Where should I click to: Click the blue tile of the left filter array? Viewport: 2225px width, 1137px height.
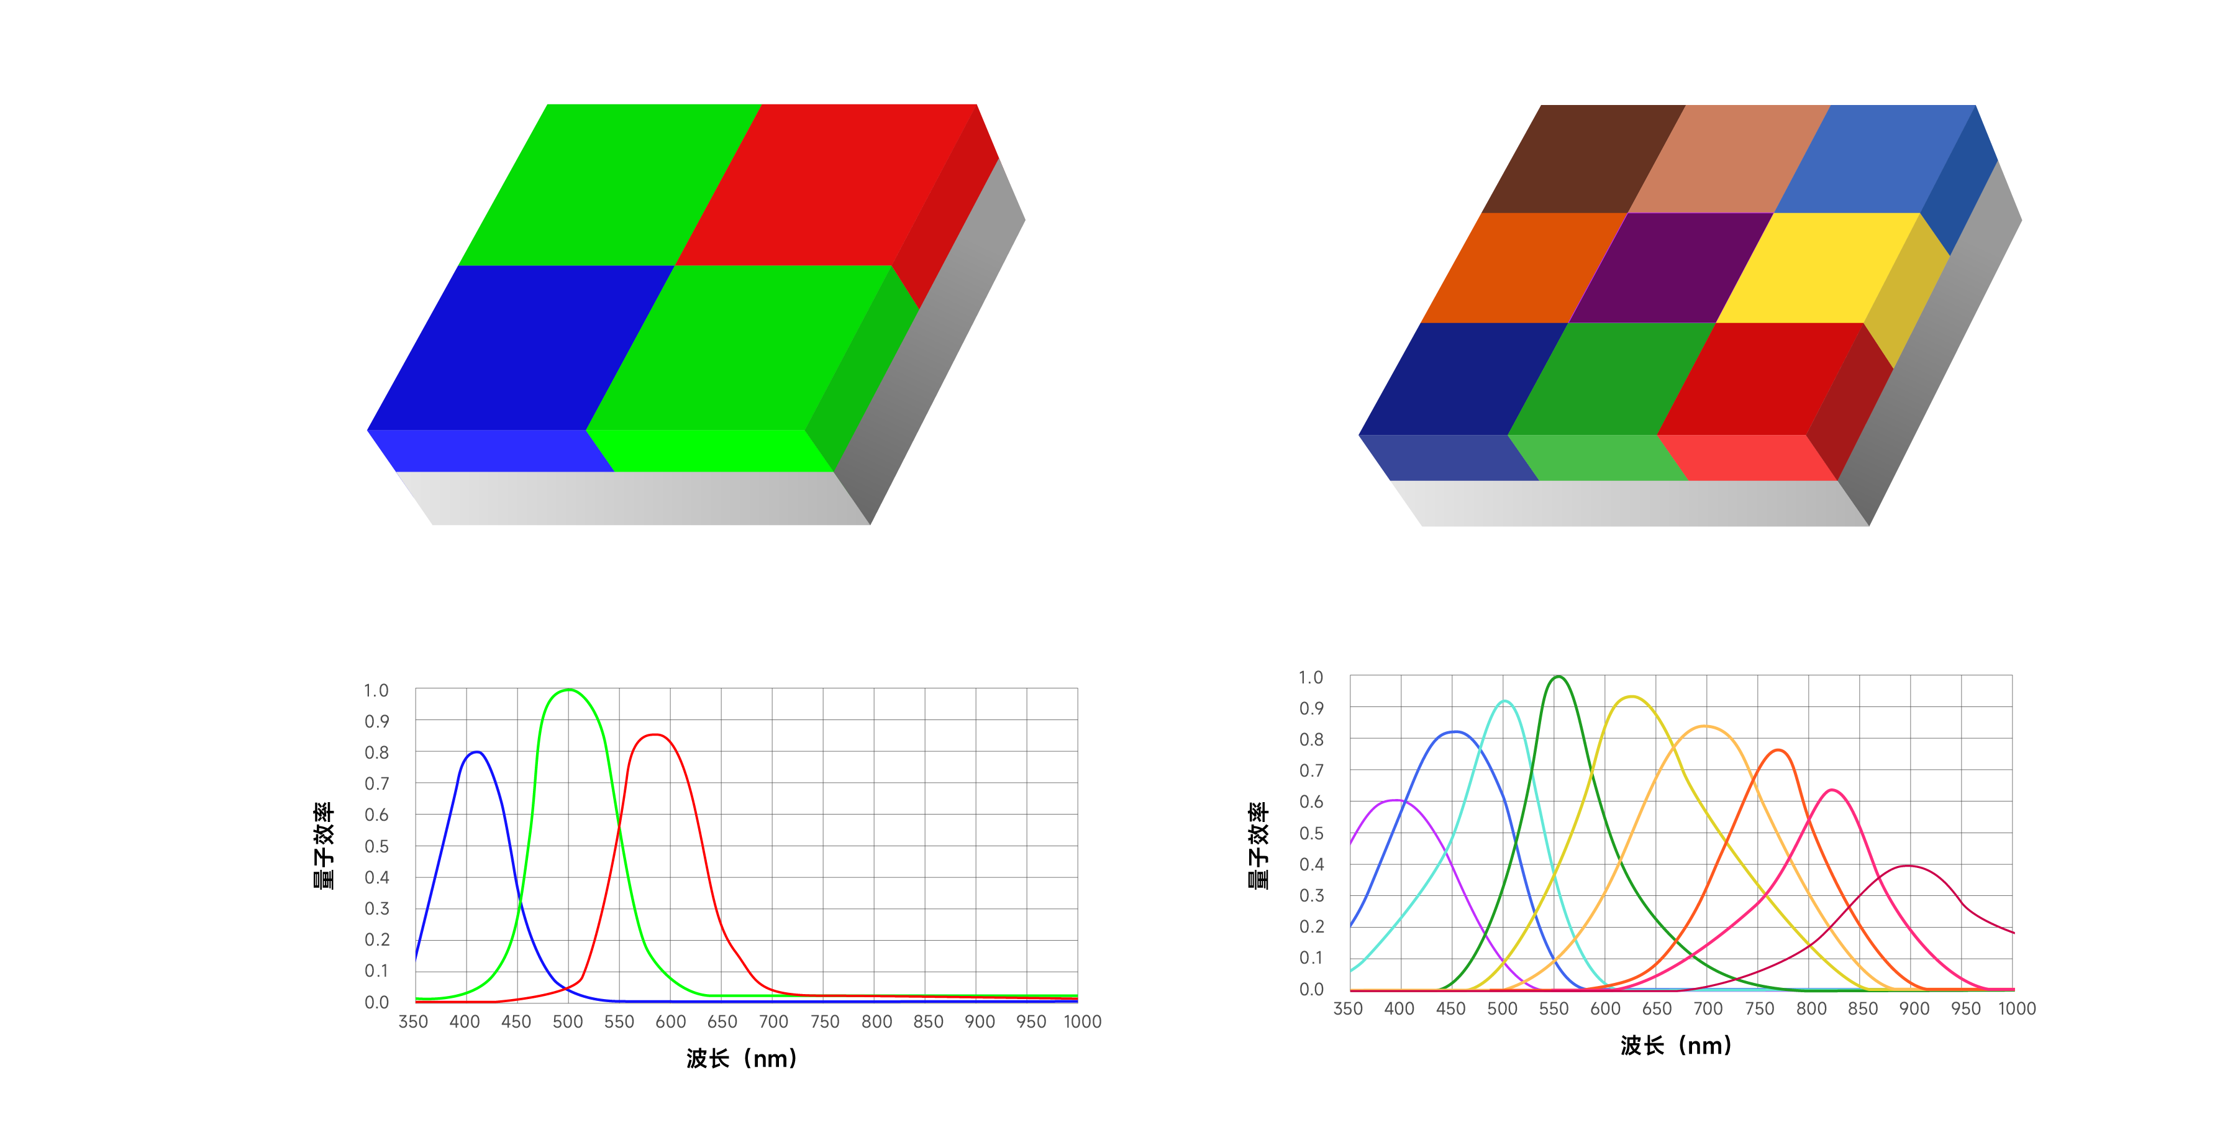pyautogui.click(x=521, y=347)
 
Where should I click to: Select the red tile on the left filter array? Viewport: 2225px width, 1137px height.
pyautogui.click(x=827, y=184)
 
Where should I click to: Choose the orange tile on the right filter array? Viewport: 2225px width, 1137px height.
pyautogui.click(x=1524, y=268)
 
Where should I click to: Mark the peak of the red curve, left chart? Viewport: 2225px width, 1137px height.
pyautogui.click(x=655, y=734)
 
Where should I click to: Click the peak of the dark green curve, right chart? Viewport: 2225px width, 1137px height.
pyautogui.click(x=1557, y=677)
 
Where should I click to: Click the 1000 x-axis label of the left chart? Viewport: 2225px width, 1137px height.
pyautogui.click(x=1082, y=1022)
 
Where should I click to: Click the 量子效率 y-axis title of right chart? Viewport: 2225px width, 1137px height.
pyautogui.click(x=1258, y=845)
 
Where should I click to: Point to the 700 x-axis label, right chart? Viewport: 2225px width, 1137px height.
pyautogui.click(x=1708, y=1009)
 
